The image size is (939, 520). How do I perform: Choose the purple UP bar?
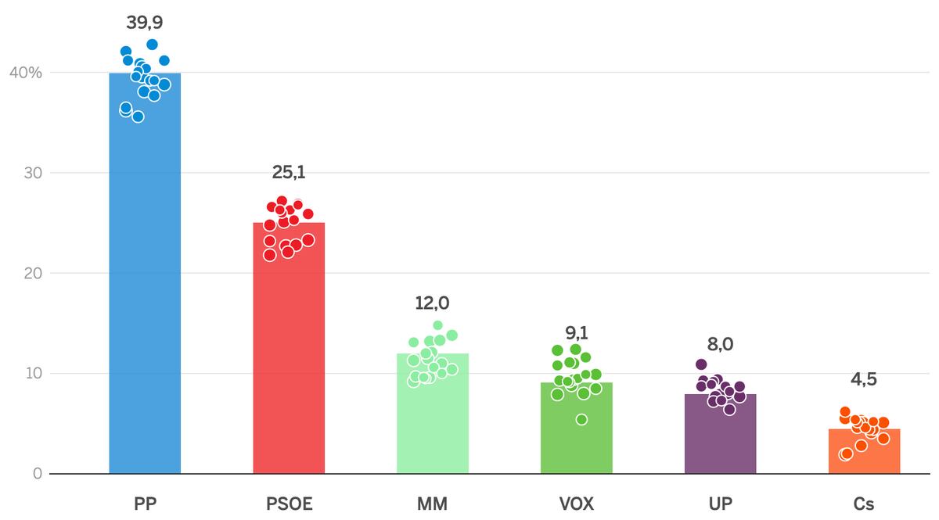[721, 442]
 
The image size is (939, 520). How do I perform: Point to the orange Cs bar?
[865, 454]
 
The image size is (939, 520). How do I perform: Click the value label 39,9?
[145, 23]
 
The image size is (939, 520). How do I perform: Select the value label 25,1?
[289, 172]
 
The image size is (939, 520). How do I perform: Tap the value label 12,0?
[433, 303]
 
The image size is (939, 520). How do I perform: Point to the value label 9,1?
[577, 332]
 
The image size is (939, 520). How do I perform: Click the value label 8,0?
[721, 343]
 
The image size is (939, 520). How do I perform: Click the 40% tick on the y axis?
[25, 73]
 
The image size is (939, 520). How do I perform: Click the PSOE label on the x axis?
[289, 504]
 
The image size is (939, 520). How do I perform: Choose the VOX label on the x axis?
[577, 504]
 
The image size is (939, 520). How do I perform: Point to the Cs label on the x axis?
[865, 504]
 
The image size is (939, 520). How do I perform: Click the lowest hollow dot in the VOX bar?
[581, 420]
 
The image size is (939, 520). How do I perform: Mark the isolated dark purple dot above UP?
[701, 364]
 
